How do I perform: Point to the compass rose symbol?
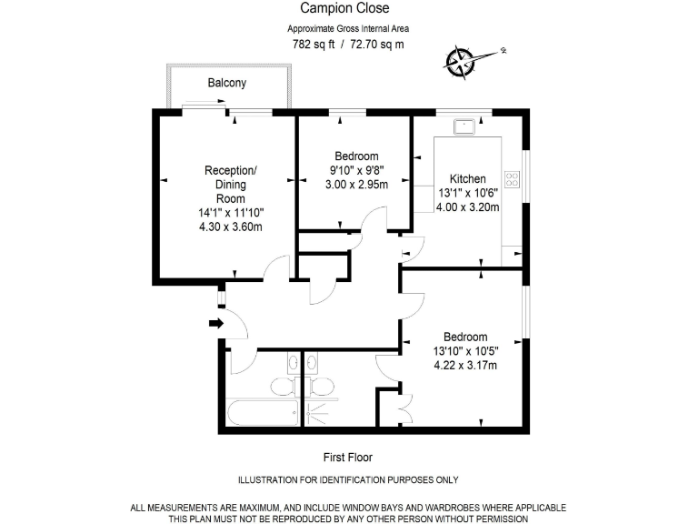point(460,60)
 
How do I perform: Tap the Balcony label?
point(226,83)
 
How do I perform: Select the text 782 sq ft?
point(313,45)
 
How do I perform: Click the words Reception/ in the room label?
point(231,170)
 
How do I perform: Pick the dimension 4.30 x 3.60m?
point(231,227)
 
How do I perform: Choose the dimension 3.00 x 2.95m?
point(356,184)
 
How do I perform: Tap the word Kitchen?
point(468,178)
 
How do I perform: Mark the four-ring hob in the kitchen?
point(513,179)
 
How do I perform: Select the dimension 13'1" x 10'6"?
point(469,193)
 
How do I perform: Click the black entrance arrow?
point(215,323)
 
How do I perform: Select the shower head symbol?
point(314,411)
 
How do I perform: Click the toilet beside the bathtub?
point(284,388)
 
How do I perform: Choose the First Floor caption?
point(348,458)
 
